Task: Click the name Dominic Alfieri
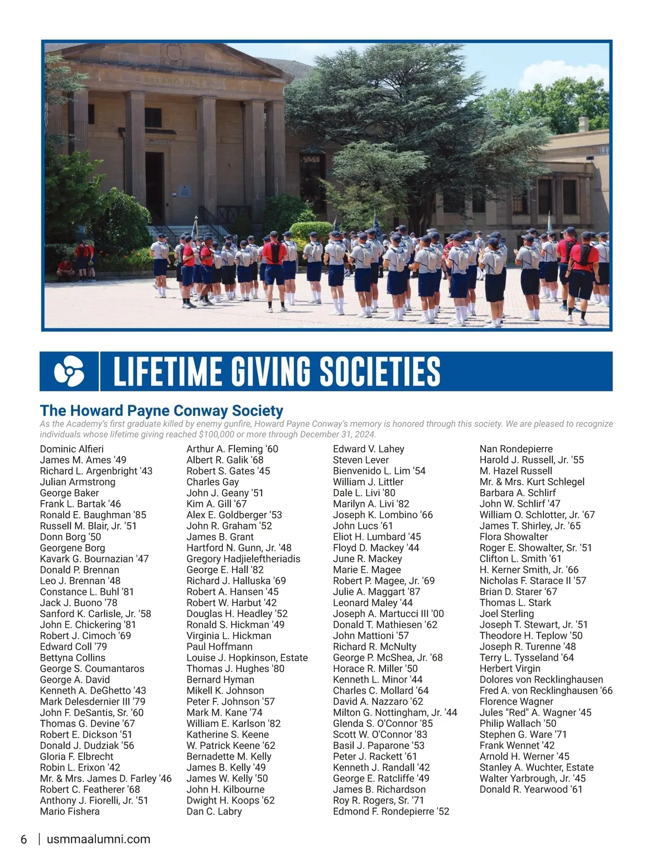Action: click(72, 449)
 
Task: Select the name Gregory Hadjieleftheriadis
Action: click(243, 559)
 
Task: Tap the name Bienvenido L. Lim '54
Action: click(379, 471)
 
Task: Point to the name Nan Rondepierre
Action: click(516, 449)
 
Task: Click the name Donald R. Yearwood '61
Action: click(531, 789)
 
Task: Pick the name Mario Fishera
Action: click(70, 811)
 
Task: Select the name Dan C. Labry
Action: click(214, 811)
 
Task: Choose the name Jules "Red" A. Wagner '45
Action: click(535, 713)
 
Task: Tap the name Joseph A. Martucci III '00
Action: click(388, 614)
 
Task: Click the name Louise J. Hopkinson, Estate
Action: click(247, 657)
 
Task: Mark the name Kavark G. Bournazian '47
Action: click(94, 559)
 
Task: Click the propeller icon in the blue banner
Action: click(69, 371)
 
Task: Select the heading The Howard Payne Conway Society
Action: click(161, 410)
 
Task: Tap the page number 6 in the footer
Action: click(24, 840)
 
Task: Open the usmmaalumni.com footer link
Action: click(99, 840)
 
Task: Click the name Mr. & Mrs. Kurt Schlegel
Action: click(532, 482)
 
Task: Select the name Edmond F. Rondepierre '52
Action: click(391, 811)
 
